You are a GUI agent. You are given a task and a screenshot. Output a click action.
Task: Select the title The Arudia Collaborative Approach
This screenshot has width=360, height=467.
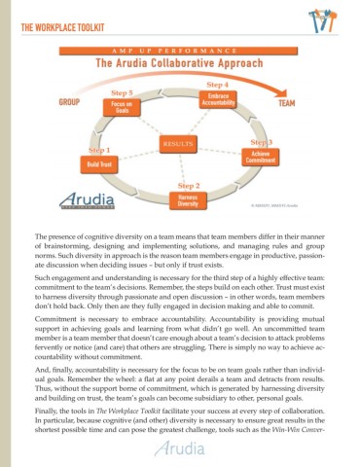point(180,64)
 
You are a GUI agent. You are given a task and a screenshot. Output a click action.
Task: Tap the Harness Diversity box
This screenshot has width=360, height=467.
point(189,200)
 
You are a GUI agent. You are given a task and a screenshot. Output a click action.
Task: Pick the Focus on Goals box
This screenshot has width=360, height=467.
point(122,108)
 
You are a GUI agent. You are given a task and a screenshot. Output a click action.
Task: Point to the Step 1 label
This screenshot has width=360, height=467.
point(99,151)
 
